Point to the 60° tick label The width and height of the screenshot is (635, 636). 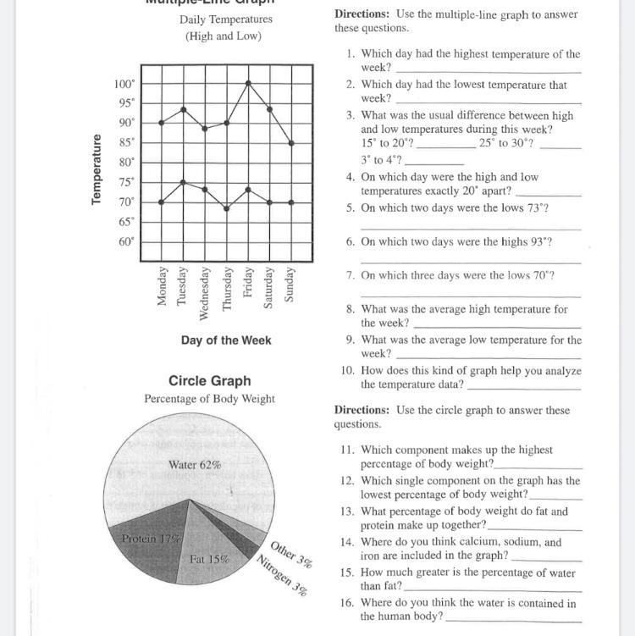coord(125,241)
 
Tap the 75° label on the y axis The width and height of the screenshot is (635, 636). coord(125,182)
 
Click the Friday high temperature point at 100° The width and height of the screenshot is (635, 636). coord(248,83)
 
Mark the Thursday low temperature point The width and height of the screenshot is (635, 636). coord(226,208)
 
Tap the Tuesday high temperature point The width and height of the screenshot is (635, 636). coord(183,109)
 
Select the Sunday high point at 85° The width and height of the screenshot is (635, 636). coord(291,142)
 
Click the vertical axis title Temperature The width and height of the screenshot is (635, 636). coord(97,169)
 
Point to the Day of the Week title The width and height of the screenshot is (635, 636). coord(226,340)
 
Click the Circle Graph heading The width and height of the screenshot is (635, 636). coord(209,381)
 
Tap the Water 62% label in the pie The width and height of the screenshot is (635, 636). coord(195,464)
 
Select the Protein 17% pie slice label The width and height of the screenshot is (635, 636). coord(152,539)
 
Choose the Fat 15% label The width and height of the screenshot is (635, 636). coord(209,559)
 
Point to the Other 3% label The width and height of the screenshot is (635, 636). coord(291,552)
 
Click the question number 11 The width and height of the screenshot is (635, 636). coord(347,451)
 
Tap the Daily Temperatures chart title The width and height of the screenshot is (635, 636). coord(226,19)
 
